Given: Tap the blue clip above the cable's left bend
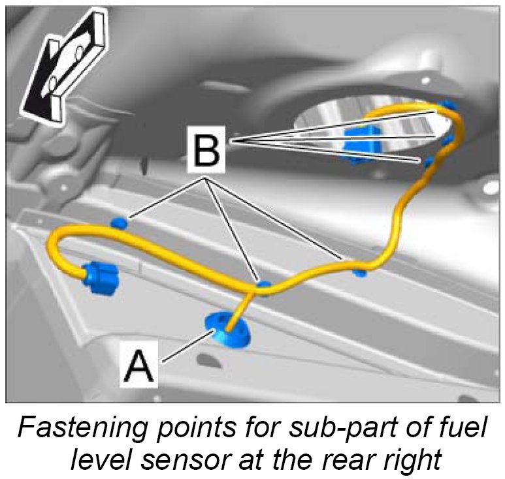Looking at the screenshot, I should click(x=118, y=223).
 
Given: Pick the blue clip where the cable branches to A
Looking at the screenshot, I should click(x=263, y=285).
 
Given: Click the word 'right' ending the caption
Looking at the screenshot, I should click(x=412, y=458).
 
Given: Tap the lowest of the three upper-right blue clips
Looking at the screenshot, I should click(x=429, y=161).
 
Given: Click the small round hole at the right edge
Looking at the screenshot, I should click(x=489, y=189).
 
